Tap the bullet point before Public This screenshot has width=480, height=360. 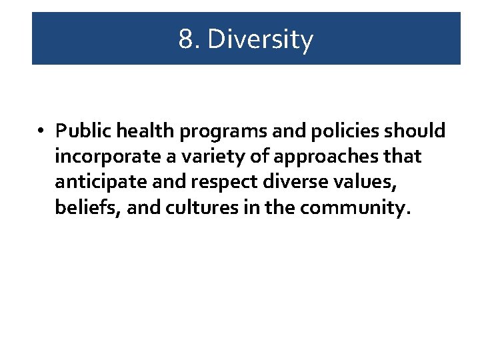(41, 131)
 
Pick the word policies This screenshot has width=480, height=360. (336, 131)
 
